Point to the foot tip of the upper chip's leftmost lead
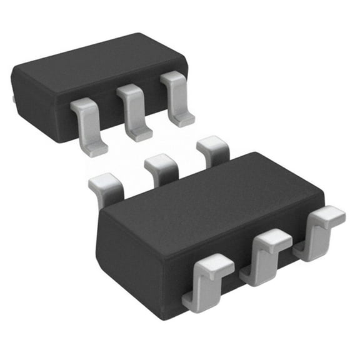(x=97, y=149)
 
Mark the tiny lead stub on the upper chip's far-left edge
(x=13, y=98)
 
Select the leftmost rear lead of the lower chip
(x=106, y=187)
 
